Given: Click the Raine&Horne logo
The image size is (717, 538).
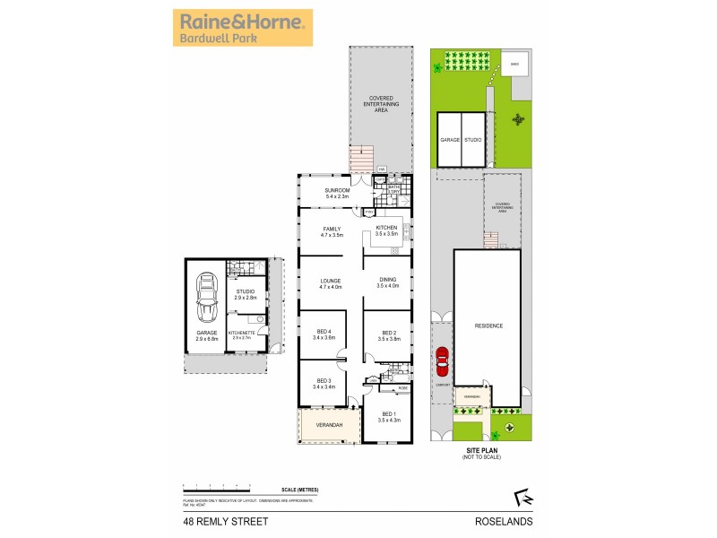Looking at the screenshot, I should coord(242,28).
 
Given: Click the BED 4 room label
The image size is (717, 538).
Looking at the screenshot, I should coord(324,335).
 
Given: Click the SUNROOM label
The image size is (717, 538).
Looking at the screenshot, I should coord(337,193).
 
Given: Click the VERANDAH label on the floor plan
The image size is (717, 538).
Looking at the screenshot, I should coord(329,424).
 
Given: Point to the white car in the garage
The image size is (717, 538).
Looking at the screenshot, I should coord(207,299).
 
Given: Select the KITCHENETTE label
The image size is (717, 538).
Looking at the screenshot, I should coord(243,334).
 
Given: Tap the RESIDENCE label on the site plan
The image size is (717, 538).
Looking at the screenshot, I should coord(488,325).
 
